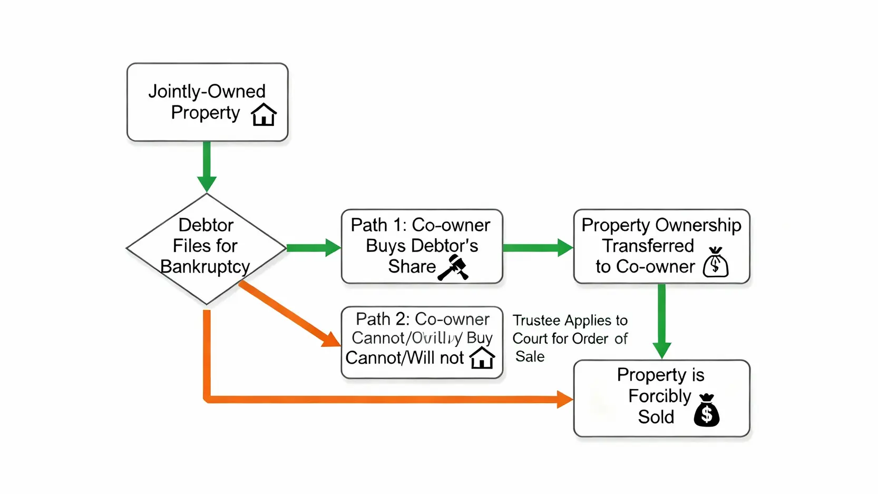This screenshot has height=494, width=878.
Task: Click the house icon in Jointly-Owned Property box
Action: click(x=264, y=114)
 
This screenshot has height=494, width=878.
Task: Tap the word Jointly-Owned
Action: click(x=207, y=91)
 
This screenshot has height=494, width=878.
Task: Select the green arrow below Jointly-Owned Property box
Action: click(x=207, y=166)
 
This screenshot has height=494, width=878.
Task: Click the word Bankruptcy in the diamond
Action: click(x=205, y=267)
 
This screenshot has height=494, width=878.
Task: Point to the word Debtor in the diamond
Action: click(x=206, y=225)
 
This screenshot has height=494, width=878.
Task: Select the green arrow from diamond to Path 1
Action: click(x=314, y=247)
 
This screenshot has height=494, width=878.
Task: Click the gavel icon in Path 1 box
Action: click(x=453, y=267)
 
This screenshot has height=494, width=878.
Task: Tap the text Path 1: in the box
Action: click(x=378, y=225)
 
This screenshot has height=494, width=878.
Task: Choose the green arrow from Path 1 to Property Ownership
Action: click(x=538, y=247)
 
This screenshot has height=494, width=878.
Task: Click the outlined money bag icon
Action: click(x=716, y=262)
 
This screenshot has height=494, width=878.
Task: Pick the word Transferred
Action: click(x=648, y=246)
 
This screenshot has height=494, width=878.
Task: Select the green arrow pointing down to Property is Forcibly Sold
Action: click(x=661, y=322)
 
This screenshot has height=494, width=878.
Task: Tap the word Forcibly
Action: click(x=659, y=396)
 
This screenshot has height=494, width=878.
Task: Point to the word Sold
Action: click(x=656, y=417)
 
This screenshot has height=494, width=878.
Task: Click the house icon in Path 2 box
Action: click(x=482, y=358)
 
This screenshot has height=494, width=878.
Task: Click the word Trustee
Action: click(x=536, y=321)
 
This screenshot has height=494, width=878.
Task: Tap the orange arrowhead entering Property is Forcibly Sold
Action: click(x=565, y=399)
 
